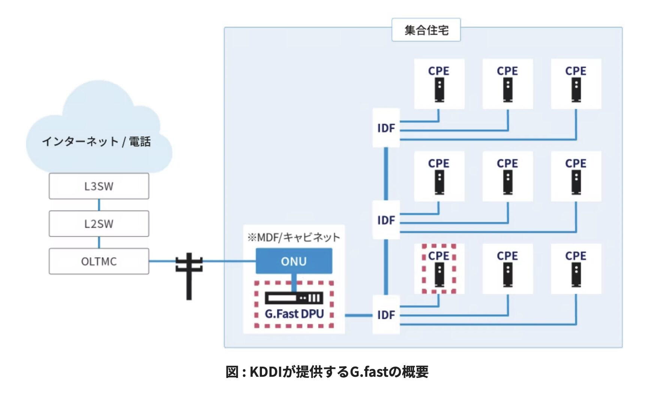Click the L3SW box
pyautogui.click(x=99, y=186)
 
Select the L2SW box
pyautogui.click(x=99, y=224)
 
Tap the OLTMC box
pyautogui.click(x=99, y=261)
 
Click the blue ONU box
pyautogui.click(x=294, y=261)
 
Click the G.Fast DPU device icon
pyautogui.click(x=294, y=298)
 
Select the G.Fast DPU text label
pyautogui.click(x=294, y=314)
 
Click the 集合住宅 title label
pyautogui.click(x=426, y=30)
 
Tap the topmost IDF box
pyautogui.click(x=386, y=128)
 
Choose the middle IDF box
pyautogui.click(x=386, y=220)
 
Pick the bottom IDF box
pyautogui.click(x=386, y=315)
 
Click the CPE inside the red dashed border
pyautogui.click(x=439, y=269)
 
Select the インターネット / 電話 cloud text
pyautogui.click(x=96, y=142)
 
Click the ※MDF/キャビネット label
pyautogui.click(x=293, y=237)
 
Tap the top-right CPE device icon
pyautogui.click(x=576, y=90)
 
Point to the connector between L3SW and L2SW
pyautogui.click(x=99, y=205)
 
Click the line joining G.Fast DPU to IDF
pyautogui.click(x=358, y=315)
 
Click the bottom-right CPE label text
pyautogui.click(x=576, y=256)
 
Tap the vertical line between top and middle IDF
pyautogui.click(x=386, y=173)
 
